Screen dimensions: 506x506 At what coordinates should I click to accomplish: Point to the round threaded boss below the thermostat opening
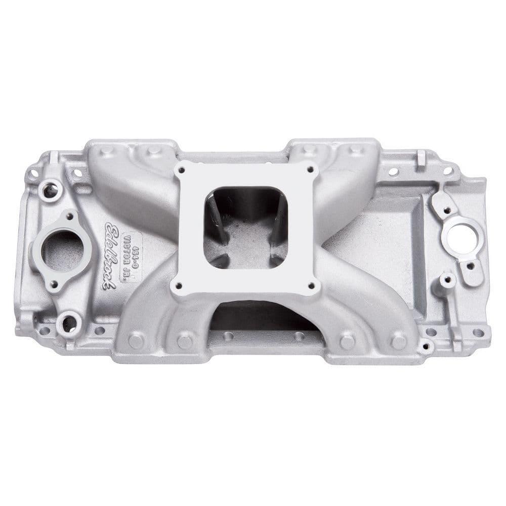click(69, 322)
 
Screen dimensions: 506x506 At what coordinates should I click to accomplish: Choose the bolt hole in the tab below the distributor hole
click(471, 265)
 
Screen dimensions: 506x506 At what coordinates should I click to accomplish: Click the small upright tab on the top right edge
click(421, 158)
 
